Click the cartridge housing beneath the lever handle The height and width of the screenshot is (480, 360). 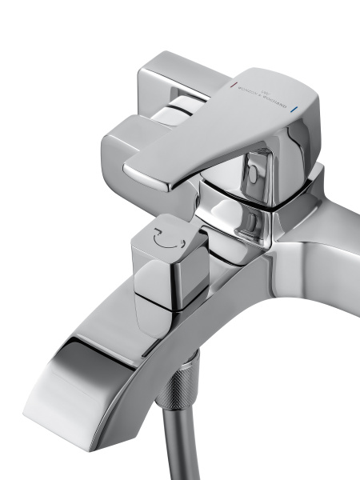pyautogui.click(x=240, y=200)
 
